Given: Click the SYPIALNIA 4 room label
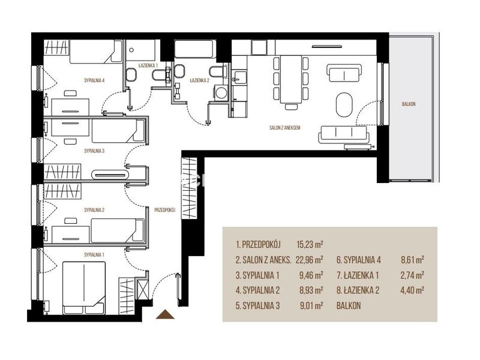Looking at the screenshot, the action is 94,80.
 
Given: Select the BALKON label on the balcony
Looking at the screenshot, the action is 409,104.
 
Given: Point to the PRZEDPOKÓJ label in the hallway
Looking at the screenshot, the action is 164,210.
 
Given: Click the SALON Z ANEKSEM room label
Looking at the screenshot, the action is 284,128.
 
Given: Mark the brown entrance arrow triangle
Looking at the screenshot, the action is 165,314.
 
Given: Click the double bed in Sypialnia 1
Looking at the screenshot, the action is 84,288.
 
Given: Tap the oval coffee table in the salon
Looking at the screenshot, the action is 344,104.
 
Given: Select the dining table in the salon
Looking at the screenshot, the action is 291,79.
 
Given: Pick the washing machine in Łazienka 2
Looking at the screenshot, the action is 221,92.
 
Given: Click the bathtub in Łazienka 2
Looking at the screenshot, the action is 196,49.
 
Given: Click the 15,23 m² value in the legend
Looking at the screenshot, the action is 310,244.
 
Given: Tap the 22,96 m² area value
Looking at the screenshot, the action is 310,260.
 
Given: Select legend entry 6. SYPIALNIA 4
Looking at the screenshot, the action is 359,260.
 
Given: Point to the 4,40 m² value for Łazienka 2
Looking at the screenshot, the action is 412,290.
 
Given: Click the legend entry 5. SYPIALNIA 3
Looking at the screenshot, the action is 258,305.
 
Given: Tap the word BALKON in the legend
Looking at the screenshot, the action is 349,305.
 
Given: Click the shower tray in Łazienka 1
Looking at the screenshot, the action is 140,50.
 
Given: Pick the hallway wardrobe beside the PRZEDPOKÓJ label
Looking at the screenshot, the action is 189,188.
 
